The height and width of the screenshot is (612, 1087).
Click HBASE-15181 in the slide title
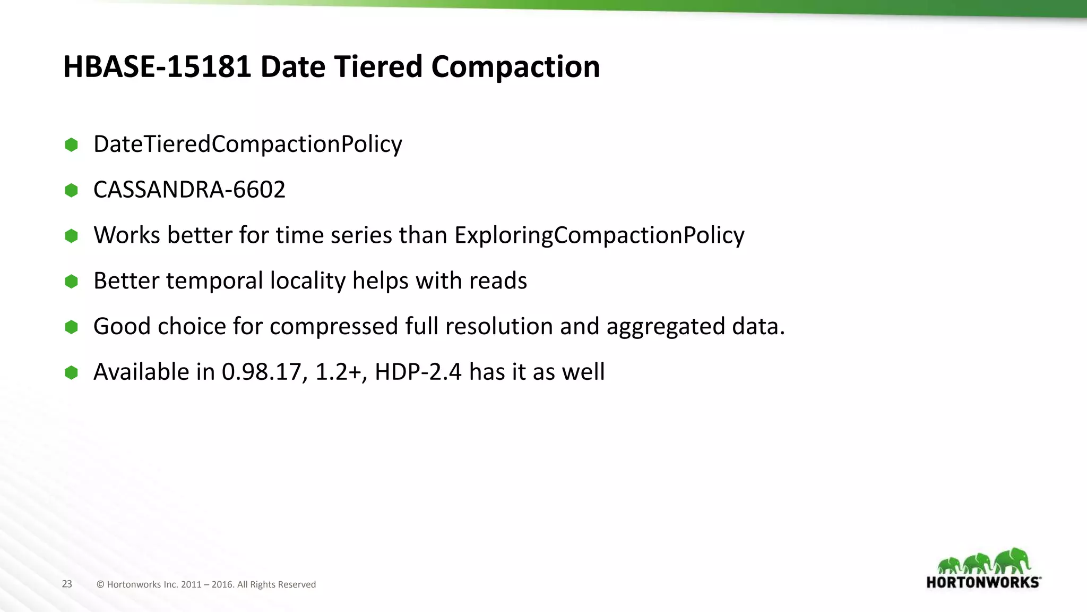157,67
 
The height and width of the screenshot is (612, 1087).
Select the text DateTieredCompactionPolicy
247,144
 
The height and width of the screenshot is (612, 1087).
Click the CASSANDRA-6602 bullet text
189,190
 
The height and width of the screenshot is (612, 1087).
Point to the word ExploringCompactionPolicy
599,235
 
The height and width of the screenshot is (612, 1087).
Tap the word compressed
333,327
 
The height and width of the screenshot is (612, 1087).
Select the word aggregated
666,327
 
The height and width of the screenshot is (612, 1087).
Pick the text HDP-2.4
418,372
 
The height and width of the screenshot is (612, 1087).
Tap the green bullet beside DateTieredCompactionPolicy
71,144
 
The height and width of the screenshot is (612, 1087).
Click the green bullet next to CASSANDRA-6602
71,190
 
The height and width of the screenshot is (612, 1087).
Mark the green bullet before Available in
71,372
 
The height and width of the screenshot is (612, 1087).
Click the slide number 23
67,584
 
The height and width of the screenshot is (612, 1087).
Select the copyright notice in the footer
206,584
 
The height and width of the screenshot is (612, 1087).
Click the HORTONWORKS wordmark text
983,582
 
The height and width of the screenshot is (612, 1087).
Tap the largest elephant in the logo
1013,560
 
